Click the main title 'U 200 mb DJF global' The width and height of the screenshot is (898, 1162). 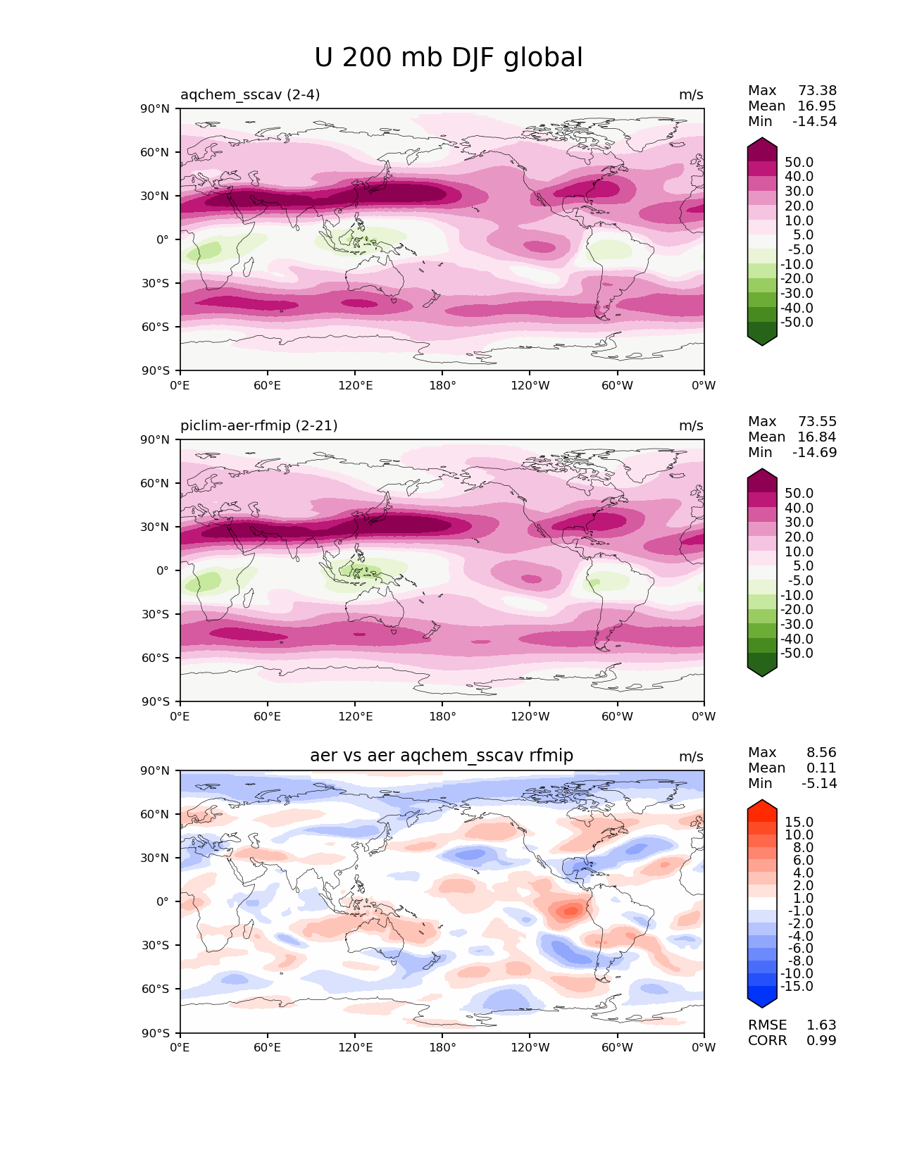click(448, 58)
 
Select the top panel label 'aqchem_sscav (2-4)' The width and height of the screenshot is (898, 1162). click(250, 94)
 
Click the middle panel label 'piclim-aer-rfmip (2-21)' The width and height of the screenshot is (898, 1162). click(258, 425)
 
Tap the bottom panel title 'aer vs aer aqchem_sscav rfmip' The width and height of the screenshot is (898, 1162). click(442, 756)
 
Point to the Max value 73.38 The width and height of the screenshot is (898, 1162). click(817, 90)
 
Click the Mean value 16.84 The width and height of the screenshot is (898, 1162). click(816, 437)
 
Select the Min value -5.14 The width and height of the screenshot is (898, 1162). click(819, 783)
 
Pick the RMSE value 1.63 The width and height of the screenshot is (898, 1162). click(821, 1025)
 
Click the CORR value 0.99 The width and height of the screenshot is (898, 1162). click(821, 1040)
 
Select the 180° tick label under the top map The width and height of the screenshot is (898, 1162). click(442, 385)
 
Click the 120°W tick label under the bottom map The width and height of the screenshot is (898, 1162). click(530, 1047)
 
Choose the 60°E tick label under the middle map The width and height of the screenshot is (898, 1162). click(268, 716)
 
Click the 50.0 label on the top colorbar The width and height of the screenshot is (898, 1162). click(799, 162)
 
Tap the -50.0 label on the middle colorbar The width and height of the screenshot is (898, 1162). click(797, 653)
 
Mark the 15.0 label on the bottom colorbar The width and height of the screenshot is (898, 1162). click(799, 822)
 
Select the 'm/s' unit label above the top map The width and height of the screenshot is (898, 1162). click(691, 94)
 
